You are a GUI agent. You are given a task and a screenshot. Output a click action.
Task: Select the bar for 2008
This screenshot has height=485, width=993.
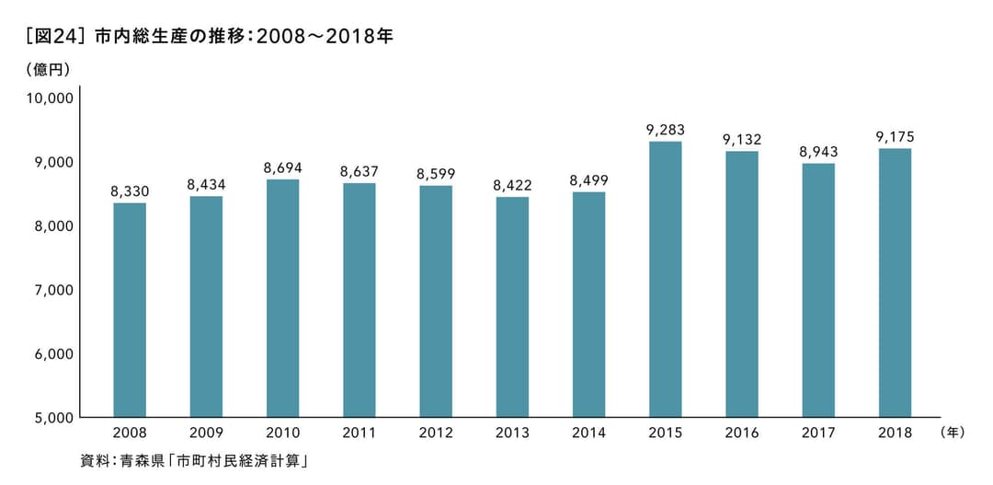[130, 309]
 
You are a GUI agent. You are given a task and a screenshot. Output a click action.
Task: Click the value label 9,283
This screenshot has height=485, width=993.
[665, 130]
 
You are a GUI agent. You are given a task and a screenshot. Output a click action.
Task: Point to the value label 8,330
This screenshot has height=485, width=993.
[130, 191]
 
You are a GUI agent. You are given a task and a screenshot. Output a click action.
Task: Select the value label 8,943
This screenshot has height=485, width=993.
[818, 152]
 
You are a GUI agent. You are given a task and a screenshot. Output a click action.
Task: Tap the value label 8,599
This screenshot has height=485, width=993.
[436, 174]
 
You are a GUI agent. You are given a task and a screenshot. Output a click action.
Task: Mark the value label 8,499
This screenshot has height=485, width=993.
[588, 180]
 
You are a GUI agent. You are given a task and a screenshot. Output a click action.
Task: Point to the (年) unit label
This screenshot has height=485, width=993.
[952, 432]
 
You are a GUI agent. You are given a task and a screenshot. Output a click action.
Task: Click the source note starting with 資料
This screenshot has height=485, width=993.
[193, 460]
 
